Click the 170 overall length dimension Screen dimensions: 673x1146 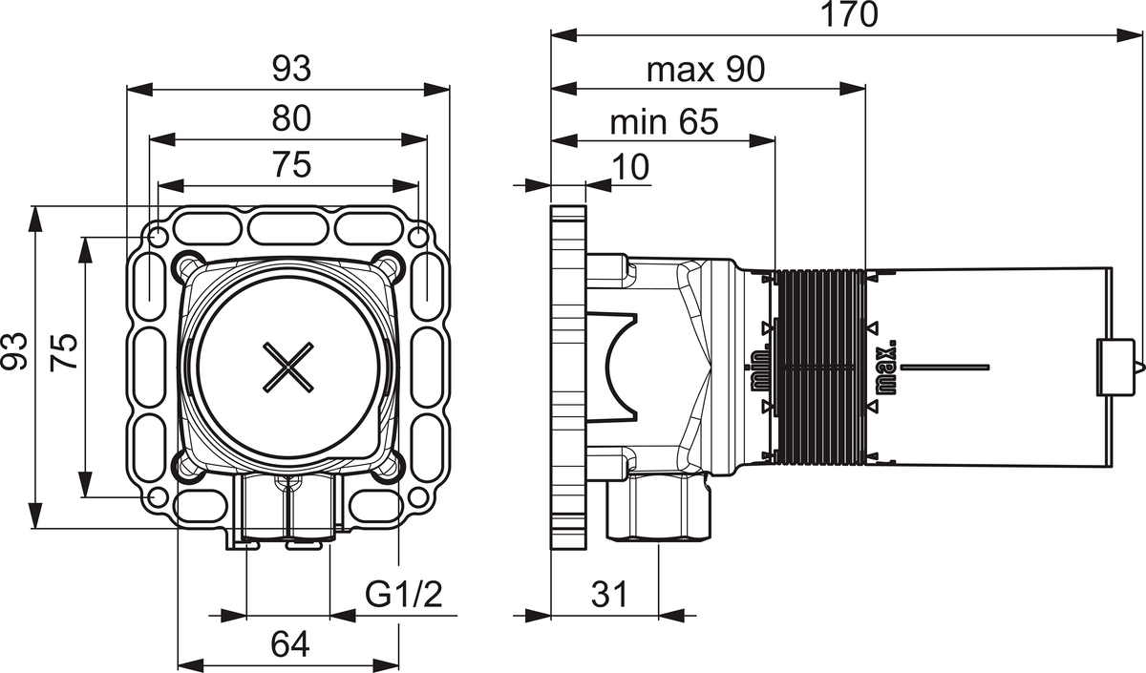point(850,16)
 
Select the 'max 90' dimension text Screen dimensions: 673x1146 point(706,70)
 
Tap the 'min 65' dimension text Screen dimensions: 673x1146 point(664,122)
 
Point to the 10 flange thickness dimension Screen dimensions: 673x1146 point(630,167)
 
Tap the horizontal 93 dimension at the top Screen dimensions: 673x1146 point(291,69)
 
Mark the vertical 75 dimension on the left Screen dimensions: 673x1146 point(63,367)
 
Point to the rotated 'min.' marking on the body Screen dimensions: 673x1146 point(760,368)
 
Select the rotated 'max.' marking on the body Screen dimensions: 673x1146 point(885,368)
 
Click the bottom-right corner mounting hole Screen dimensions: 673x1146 point(418,497)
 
